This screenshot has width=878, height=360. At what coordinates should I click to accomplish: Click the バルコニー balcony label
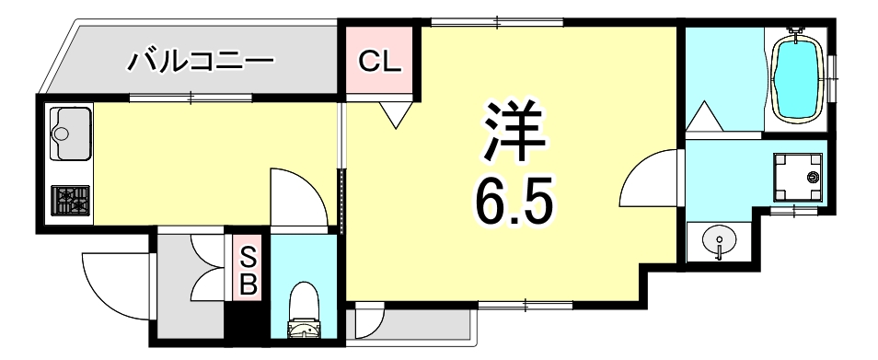[x=200, y=63]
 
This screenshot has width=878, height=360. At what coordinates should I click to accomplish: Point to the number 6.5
[x=514, y=201]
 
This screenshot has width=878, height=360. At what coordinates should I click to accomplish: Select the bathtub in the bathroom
[x=798, y=77]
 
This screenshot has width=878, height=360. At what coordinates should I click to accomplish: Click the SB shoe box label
[x=247, y=270]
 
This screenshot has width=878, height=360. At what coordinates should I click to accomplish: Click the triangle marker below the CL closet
[x=395, y=115]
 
